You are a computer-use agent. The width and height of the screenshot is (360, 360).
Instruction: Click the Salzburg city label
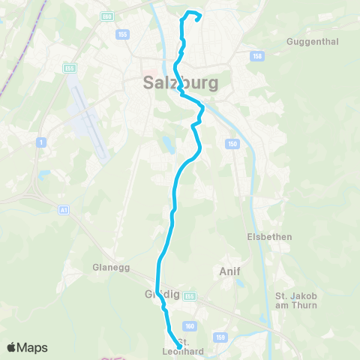click(180, 83)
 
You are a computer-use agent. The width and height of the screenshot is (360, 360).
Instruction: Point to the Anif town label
click(229, 271)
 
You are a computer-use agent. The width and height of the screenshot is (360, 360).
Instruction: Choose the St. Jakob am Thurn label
click(296, 300)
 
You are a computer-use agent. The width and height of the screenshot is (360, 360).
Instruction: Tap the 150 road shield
click(232, 143)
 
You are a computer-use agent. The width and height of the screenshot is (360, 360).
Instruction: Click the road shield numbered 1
click(40, 141)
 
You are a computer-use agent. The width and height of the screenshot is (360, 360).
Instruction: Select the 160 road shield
click(190, 325)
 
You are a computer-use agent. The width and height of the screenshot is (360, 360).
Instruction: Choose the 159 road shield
click(220, 337)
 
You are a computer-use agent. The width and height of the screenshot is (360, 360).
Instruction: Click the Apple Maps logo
click(28, 347)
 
